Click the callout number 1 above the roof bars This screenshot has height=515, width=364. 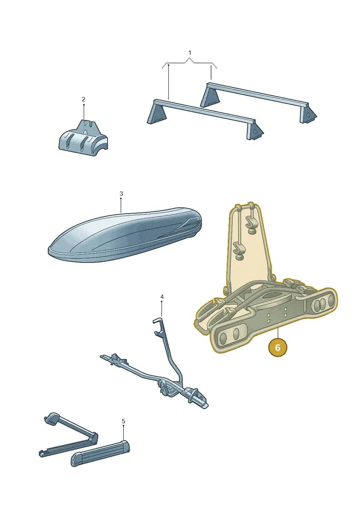190,52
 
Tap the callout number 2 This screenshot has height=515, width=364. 83,99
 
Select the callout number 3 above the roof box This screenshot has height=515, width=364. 121,194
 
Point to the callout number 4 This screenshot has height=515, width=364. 162,297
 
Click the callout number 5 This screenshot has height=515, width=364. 123,421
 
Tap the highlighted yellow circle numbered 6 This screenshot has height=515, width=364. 278,347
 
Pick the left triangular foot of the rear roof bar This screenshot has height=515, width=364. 209,95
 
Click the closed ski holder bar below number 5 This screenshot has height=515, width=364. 101,453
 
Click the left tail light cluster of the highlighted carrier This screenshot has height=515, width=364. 230,335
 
